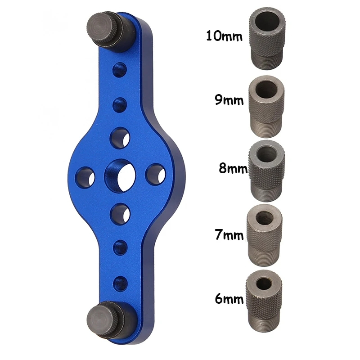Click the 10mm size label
(224, 36)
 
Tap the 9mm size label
(229, 100)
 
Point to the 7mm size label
(229, 234)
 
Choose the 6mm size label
(229, 298)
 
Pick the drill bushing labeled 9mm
(266, 107)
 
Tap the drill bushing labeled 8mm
(266, 171)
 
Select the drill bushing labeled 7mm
(265, 235)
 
